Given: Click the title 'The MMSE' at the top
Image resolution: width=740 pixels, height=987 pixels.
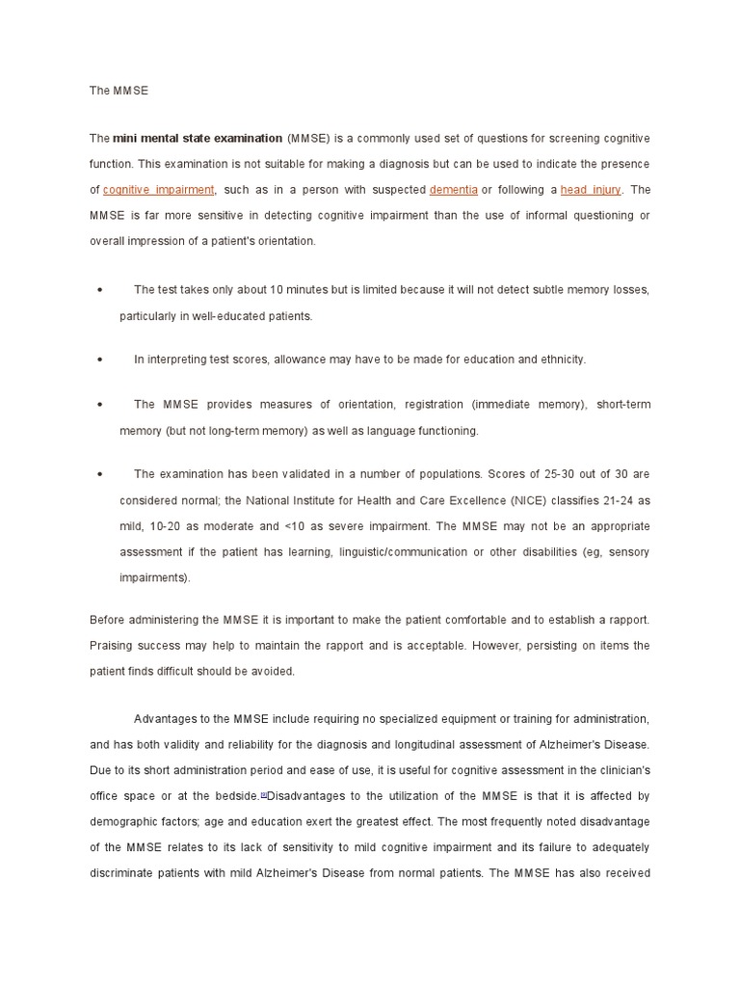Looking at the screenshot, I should (x=119, y=91).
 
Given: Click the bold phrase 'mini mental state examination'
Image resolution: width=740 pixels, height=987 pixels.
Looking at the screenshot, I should (x=198, y=139).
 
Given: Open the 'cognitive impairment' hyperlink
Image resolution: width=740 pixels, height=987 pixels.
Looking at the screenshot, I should (x=158, y=190).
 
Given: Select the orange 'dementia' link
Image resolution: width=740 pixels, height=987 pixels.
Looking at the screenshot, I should (x=453, y=190).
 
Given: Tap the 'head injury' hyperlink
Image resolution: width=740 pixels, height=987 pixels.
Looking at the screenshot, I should (x=591, y=190).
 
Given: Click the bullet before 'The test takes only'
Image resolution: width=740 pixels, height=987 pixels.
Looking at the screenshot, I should (x=100, y=290).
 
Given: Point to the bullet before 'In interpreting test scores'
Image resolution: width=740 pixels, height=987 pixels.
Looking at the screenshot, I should (x=100, y=360).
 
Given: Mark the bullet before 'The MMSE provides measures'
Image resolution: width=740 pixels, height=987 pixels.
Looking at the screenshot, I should (x=100, y=405).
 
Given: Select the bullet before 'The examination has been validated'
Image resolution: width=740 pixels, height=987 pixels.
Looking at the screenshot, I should (x=100, y=475).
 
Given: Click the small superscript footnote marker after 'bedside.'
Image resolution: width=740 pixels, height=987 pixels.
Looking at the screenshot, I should (x=263, y=794).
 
